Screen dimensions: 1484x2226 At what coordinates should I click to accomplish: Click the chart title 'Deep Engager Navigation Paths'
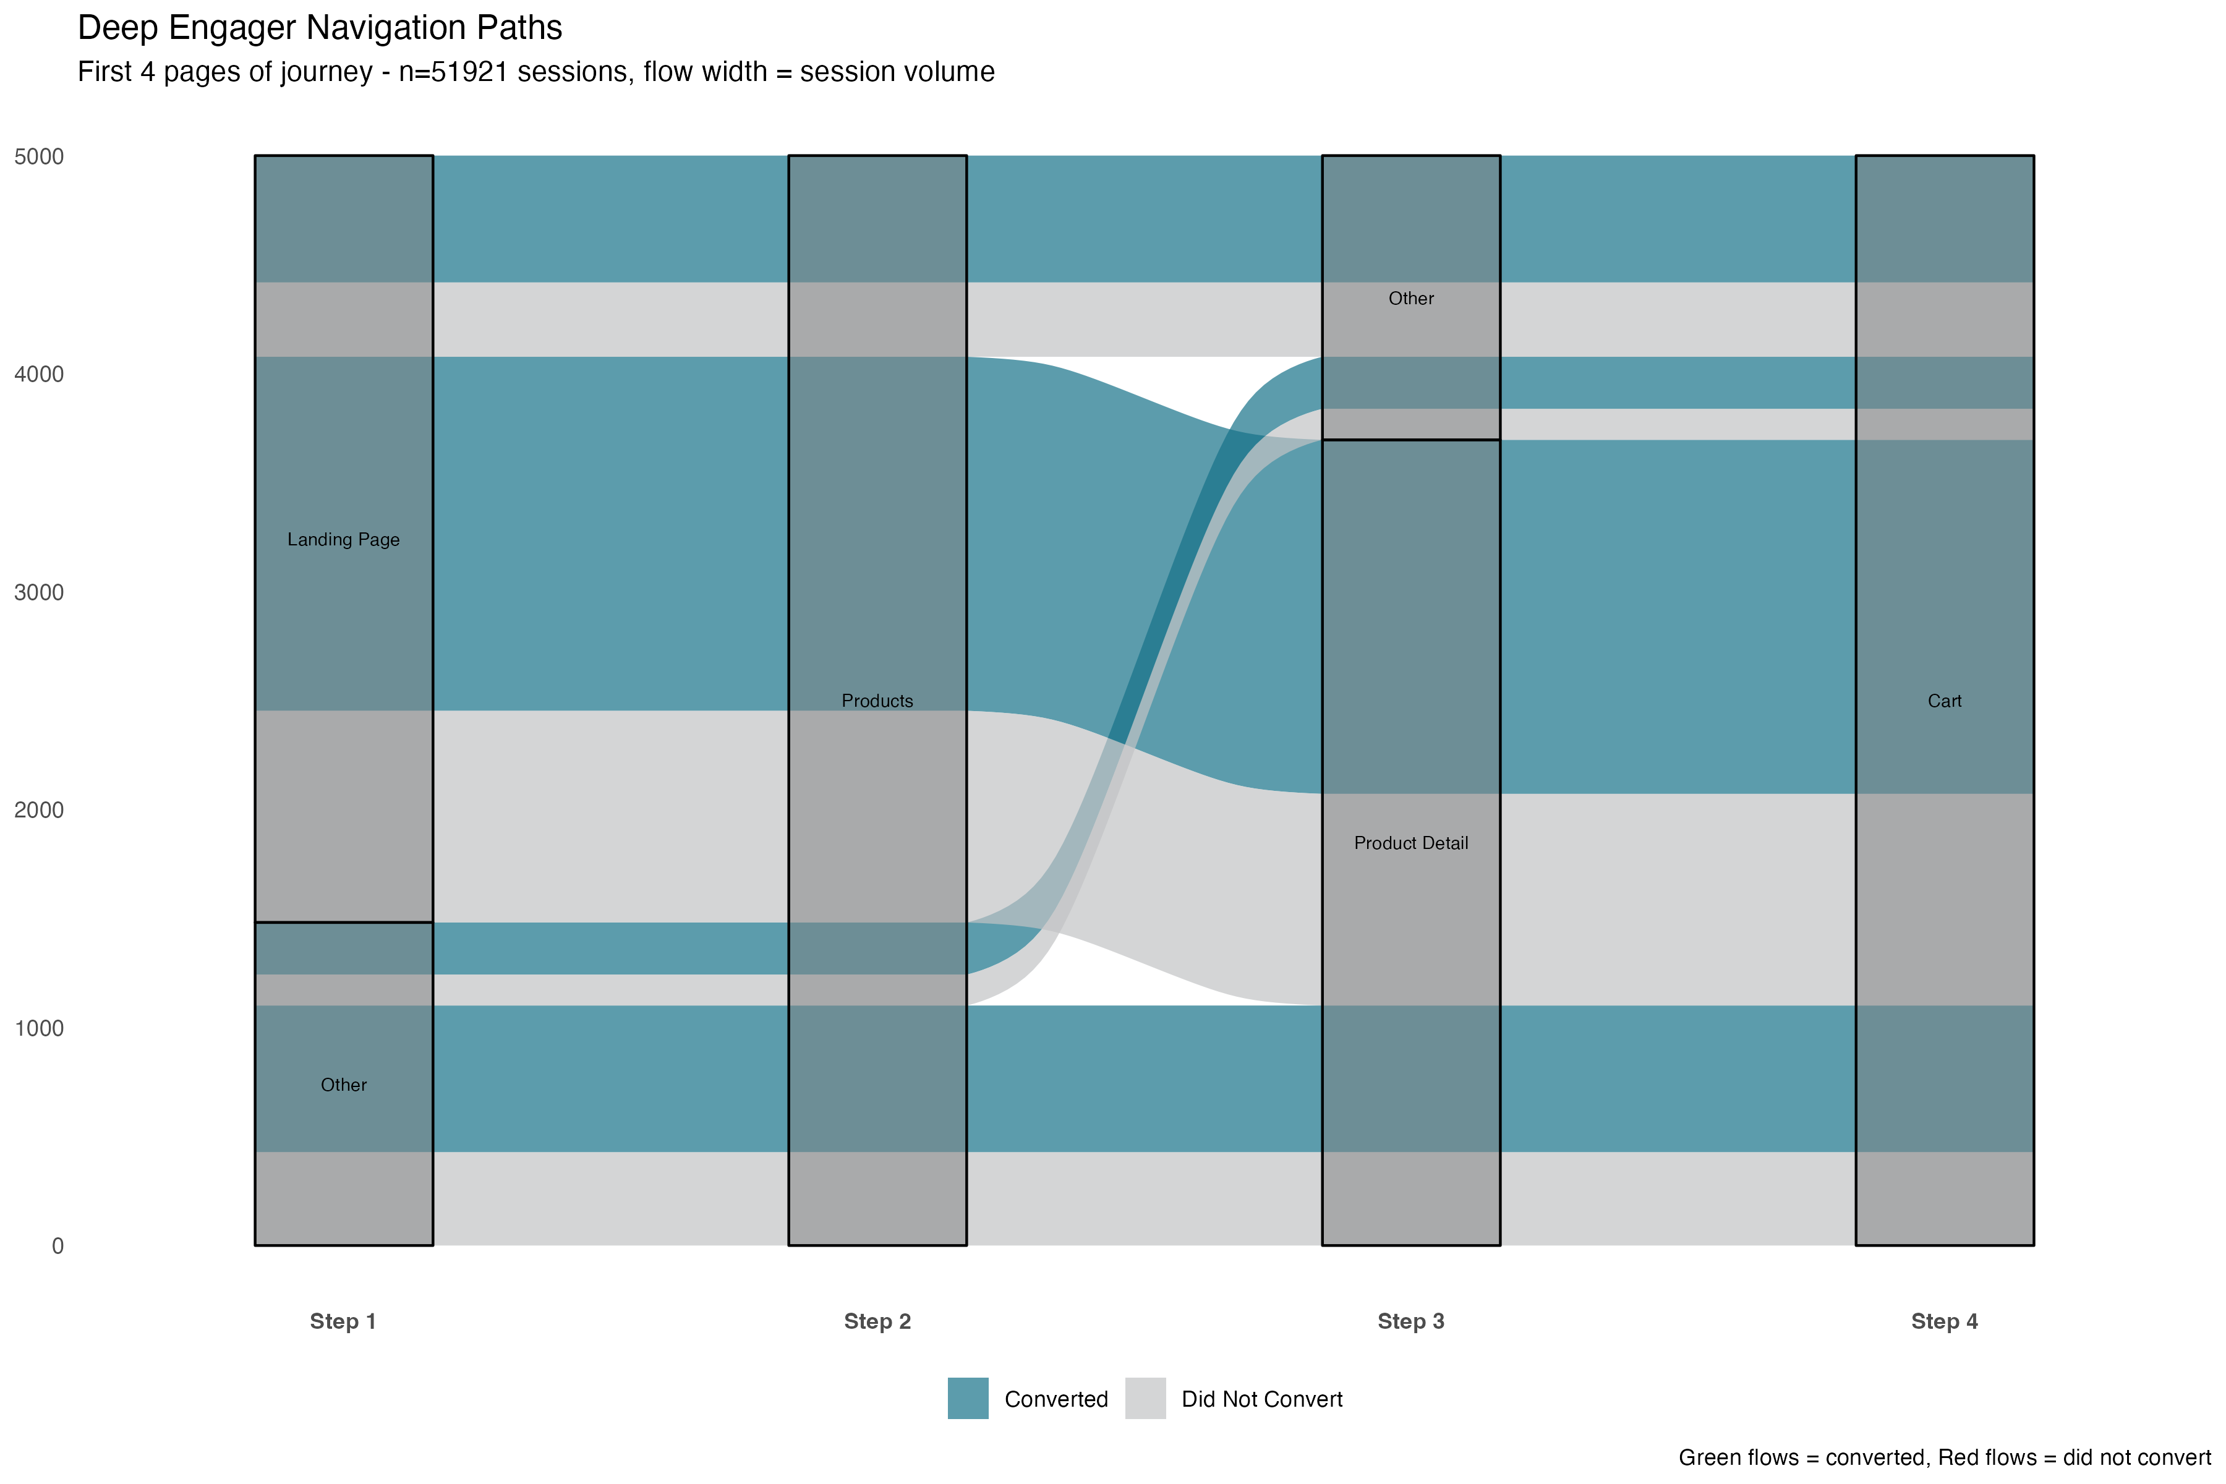coord(320,28)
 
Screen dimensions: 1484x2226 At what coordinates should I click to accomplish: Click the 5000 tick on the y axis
coord(39,157)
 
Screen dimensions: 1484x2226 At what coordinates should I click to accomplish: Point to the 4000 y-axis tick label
coord(39,375)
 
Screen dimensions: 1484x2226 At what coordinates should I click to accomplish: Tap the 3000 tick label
coord(39,592)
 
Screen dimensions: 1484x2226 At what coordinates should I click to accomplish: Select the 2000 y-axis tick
coord(39,810)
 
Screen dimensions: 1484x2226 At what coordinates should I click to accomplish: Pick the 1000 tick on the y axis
coord(39,1029)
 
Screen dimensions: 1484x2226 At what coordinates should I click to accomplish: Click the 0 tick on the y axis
coord(58,1247)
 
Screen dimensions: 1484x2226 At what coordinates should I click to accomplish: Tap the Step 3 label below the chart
coord(1411,1321)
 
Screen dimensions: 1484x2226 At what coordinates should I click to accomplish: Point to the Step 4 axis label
coord(1945,1321)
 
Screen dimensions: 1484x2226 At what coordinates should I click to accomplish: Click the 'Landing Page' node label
coord(344,539)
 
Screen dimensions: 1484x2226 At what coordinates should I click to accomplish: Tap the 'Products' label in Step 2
coord(877,701)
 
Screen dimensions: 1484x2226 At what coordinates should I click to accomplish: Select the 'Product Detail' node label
coord(1411,843)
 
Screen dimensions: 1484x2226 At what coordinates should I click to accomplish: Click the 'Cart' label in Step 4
coord(1945,701)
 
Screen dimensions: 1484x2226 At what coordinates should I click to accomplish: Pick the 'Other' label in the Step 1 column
coord(344,1085)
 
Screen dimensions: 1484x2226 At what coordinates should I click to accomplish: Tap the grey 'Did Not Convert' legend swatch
coord(1145,1399)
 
